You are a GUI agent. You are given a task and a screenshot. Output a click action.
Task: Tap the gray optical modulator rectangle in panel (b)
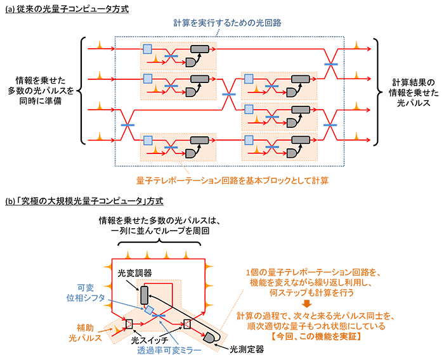pos(143,295)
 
